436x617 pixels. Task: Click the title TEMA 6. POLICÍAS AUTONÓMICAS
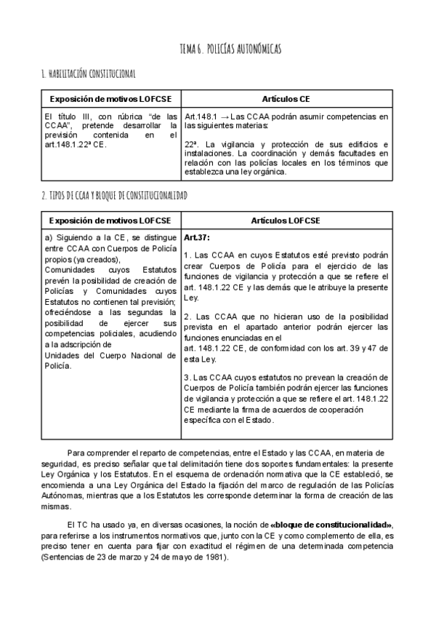click(x=230, y=49)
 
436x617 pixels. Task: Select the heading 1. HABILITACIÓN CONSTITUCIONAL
click(x=89, y=74)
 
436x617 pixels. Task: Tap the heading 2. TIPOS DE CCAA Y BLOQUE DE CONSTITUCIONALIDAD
click(x=115, y=196)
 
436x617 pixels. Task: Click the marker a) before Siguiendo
click(x=49, y=238)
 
